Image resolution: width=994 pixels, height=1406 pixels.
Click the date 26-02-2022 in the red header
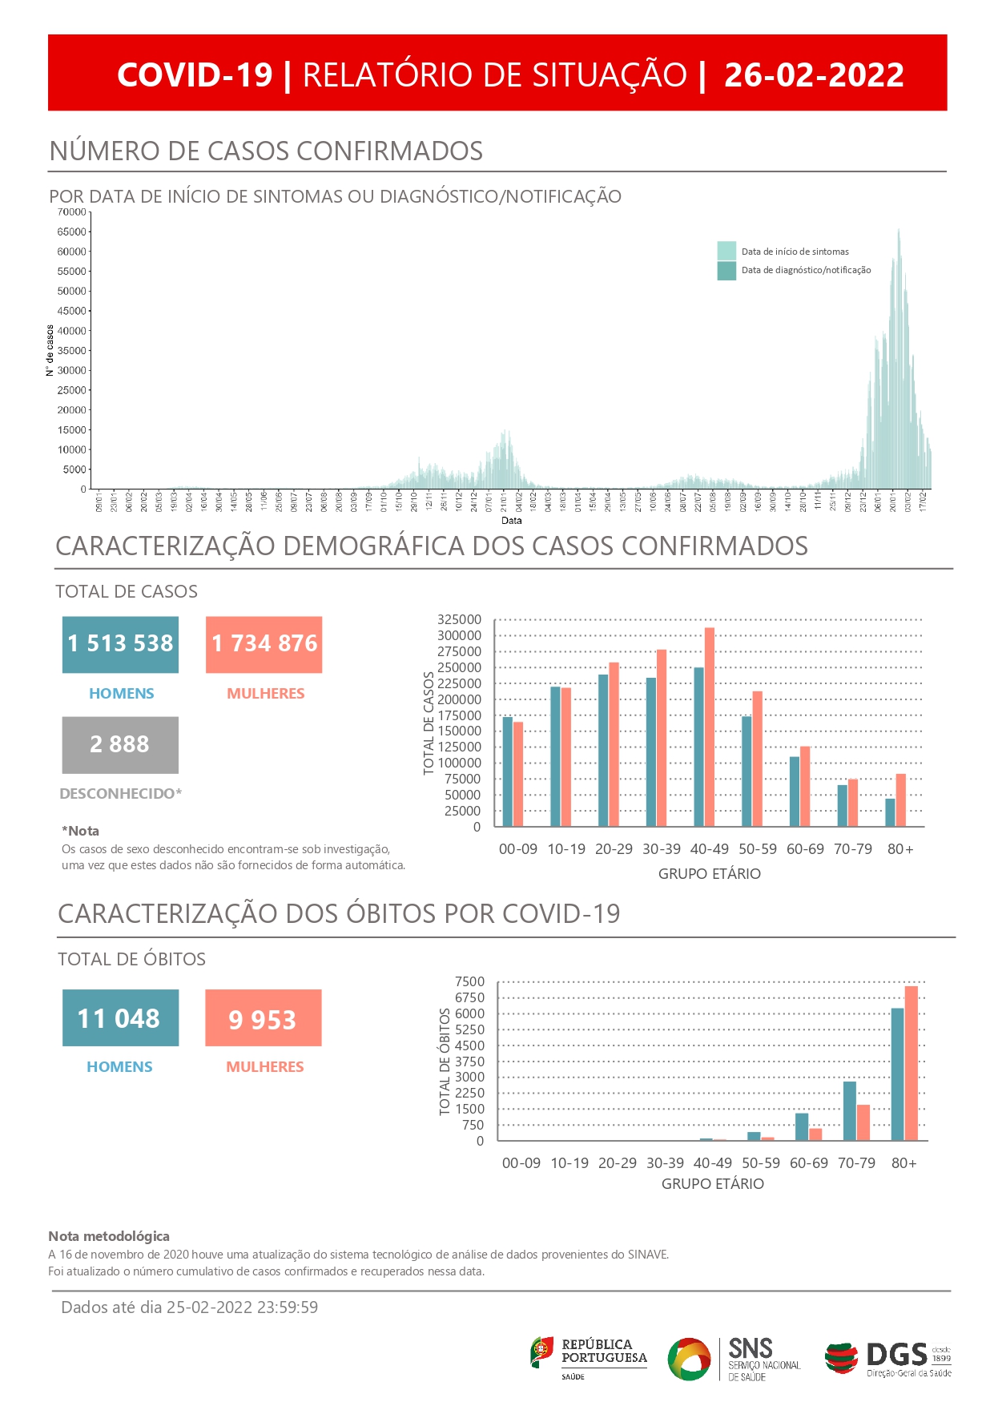point(814,75)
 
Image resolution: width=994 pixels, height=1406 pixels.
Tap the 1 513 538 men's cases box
point(120,644)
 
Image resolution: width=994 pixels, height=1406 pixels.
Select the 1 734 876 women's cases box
point(264,644)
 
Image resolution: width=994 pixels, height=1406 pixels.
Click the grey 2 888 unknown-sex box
point(120,744)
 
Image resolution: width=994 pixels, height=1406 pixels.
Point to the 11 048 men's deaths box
point(120,1017)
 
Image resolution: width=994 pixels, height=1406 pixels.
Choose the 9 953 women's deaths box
point(263,1017)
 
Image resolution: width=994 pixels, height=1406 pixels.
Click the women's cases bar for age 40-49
point(710,727)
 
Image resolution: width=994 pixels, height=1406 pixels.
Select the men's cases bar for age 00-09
point(508,771)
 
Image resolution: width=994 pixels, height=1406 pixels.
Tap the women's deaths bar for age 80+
point(911,1063)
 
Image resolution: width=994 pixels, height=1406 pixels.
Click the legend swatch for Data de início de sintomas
point(726,251)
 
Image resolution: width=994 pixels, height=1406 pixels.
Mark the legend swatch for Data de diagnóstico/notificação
point(726,270)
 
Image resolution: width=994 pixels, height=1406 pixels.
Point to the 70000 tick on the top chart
point(71,212)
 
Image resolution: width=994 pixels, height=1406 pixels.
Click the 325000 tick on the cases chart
point(459,619)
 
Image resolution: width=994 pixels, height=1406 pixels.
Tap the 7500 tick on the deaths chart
point(469,981)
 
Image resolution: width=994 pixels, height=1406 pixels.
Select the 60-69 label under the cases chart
point(805,849)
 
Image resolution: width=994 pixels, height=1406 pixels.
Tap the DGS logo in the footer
point(888,1357)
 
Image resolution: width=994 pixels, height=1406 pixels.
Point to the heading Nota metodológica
point(109,1236)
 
